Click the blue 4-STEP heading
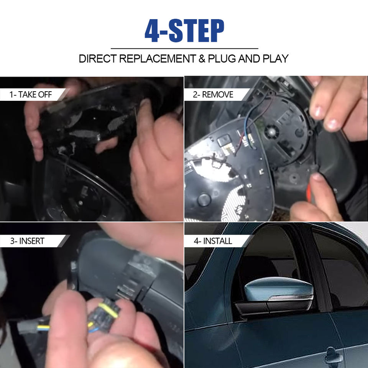[184, 31]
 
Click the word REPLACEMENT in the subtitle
[158, 59]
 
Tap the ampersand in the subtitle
[202, 59]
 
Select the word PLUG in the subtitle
[222, 59]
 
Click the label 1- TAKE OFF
[31, 95]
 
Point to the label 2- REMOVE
[213, 95]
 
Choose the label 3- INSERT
[27, 241]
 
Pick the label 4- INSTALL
[213, 241]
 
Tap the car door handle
[333, 357]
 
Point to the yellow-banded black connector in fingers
[103, 314]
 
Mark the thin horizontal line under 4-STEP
[184, 49]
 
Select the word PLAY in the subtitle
[276, 59]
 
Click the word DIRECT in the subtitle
[98, 59]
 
